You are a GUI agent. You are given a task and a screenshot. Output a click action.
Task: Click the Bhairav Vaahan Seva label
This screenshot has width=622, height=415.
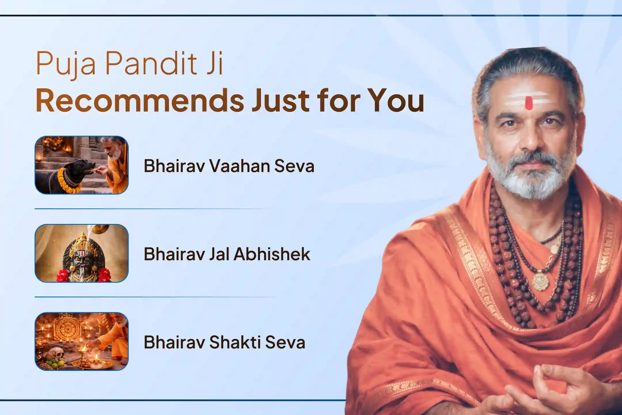click(229, 166)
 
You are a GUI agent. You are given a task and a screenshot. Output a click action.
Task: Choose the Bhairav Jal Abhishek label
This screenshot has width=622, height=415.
click(227, 254)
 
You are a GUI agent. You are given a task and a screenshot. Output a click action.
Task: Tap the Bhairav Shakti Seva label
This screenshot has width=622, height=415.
click(224, 342)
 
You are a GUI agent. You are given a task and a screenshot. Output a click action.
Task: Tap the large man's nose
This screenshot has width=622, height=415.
click(529, 135)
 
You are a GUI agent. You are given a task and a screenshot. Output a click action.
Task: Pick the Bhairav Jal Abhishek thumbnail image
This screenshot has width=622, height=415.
click(81, 253)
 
